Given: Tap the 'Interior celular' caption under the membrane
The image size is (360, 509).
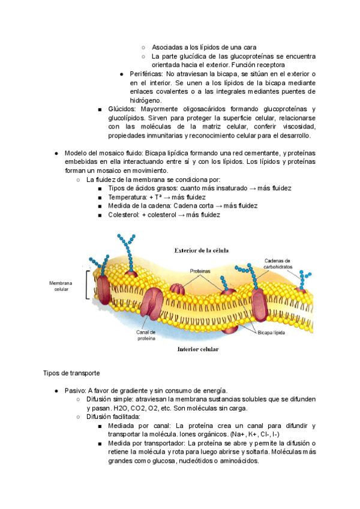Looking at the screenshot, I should coord(197,348).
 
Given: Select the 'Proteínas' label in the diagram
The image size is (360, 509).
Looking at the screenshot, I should coord(202,271).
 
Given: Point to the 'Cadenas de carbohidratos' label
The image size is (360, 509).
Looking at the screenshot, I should coord(277,264).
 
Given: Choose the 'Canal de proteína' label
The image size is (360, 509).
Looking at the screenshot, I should coord(146,335).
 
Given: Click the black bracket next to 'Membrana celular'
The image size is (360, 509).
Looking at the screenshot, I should coord(88,285).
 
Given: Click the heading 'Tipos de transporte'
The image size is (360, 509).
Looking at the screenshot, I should coord(68,373).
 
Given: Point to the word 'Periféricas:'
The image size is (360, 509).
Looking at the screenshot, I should coord(147,73).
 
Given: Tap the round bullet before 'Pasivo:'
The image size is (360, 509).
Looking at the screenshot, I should coord(56,390).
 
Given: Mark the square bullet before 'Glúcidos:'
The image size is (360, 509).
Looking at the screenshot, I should coord(99,109).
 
